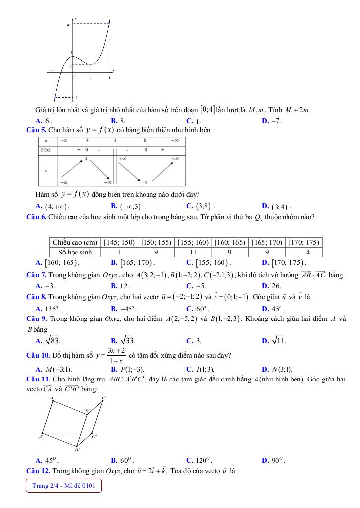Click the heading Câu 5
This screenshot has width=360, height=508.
[37, 130]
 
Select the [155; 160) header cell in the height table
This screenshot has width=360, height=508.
[194, 242]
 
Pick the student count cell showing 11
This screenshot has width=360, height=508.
[194, 252]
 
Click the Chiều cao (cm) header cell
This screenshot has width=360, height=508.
[73, 242]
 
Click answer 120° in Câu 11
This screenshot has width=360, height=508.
[200, 460]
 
